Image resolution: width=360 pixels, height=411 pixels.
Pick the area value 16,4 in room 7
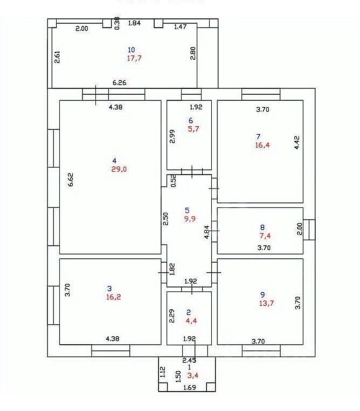[262, 144]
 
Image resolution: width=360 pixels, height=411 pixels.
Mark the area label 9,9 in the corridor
[190, 219]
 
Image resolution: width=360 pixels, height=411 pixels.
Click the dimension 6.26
[120, 83]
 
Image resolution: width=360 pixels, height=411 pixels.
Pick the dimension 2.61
[58, 57]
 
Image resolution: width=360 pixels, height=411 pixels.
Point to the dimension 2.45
[189, 360]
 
